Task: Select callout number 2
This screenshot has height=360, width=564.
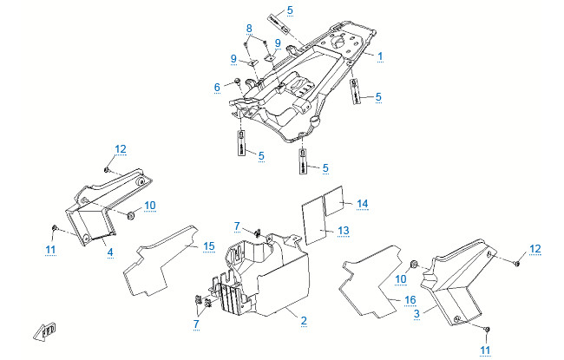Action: pos(304,321)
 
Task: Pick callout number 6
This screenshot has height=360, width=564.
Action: pos(217,87)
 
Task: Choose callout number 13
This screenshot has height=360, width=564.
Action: pos(344,230)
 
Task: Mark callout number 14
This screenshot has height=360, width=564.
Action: pos(363,203)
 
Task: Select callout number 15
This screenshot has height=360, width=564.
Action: pos(208,246)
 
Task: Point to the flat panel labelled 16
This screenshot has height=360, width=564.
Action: pos(373,278)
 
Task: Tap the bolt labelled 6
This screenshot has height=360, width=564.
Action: pos(236,83)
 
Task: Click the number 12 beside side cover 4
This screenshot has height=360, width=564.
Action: pos(120,149)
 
